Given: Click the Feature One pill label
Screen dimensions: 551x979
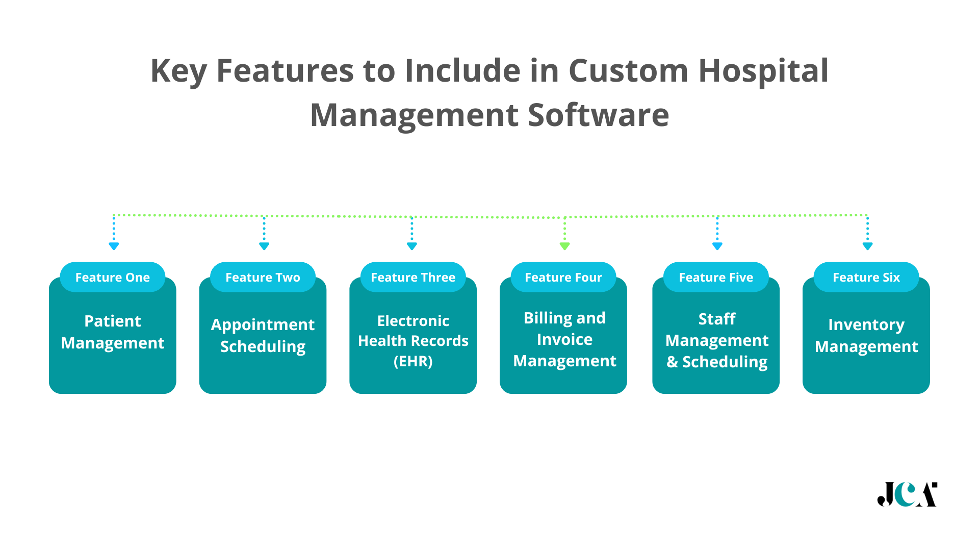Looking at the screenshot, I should [113, 278].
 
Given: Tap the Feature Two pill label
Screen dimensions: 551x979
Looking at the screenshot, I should [263, 278].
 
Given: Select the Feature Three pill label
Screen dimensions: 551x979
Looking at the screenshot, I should [413, 278].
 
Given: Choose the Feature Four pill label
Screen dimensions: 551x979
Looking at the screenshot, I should [563, 278].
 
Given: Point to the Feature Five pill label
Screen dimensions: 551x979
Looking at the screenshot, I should [716, 278].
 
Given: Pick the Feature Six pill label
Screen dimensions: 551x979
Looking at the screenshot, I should [866, 278].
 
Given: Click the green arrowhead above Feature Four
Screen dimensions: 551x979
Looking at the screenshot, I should [564, 246].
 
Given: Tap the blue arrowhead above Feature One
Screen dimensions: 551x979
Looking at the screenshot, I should [114, 246].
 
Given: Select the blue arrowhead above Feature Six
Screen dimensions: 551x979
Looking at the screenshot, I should [867, 246].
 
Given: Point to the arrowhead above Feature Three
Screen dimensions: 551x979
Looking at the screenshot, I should [412, 246].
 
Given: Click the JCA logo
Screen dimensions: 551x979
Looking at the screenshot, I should [907, 494].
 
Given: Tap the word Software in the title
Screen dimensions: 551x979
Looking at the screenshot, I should [598, 115].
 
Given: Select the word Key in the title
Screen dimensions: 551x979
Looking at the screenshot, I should [178, 71].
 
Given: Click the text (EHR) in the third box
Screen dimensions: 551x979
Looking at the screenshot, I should [413, 361].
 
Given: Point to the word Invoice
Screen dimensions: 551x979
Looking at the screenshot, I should [564, 339].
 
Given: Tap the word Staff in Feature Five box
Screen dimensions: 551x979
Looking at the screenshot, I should [716, 319].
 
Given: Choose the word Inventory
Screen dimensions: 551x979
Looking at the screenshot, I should [866, 324].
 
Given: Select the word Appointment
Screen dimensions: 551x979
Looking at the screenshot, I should [263, 325].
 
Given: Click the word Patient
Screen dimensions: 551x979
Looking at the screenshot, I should [113, 321].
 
